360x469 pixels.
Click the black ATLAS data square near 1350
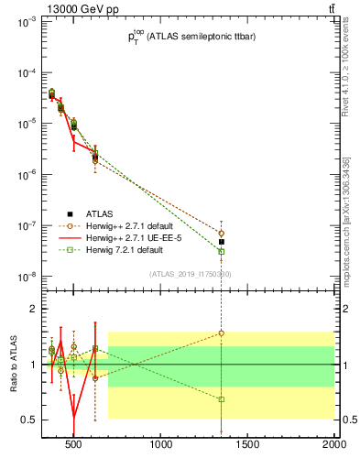pyautogui.click(x=222, y=242)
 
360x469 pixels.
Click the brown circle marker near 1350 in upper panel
pyautogui.click(x=222, y=233)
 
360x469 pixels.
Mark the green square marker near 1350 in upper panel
pyautogui.click(x=222, y=251)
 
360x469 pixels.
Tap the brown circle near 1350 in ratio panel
pyautogui.click(x=222, y=333)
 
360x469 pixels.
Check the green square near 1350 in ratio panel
pyautogui.click(x=222, y=398)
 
